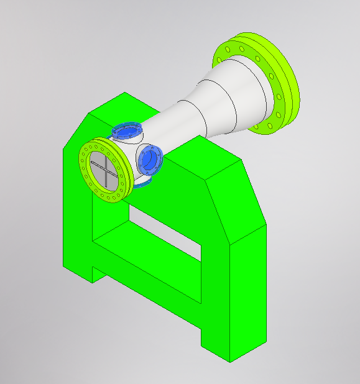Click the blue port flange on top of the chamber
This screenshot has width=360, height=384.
point(127,131)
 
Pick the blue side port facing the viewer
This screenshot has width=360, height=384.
point(150,158)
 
